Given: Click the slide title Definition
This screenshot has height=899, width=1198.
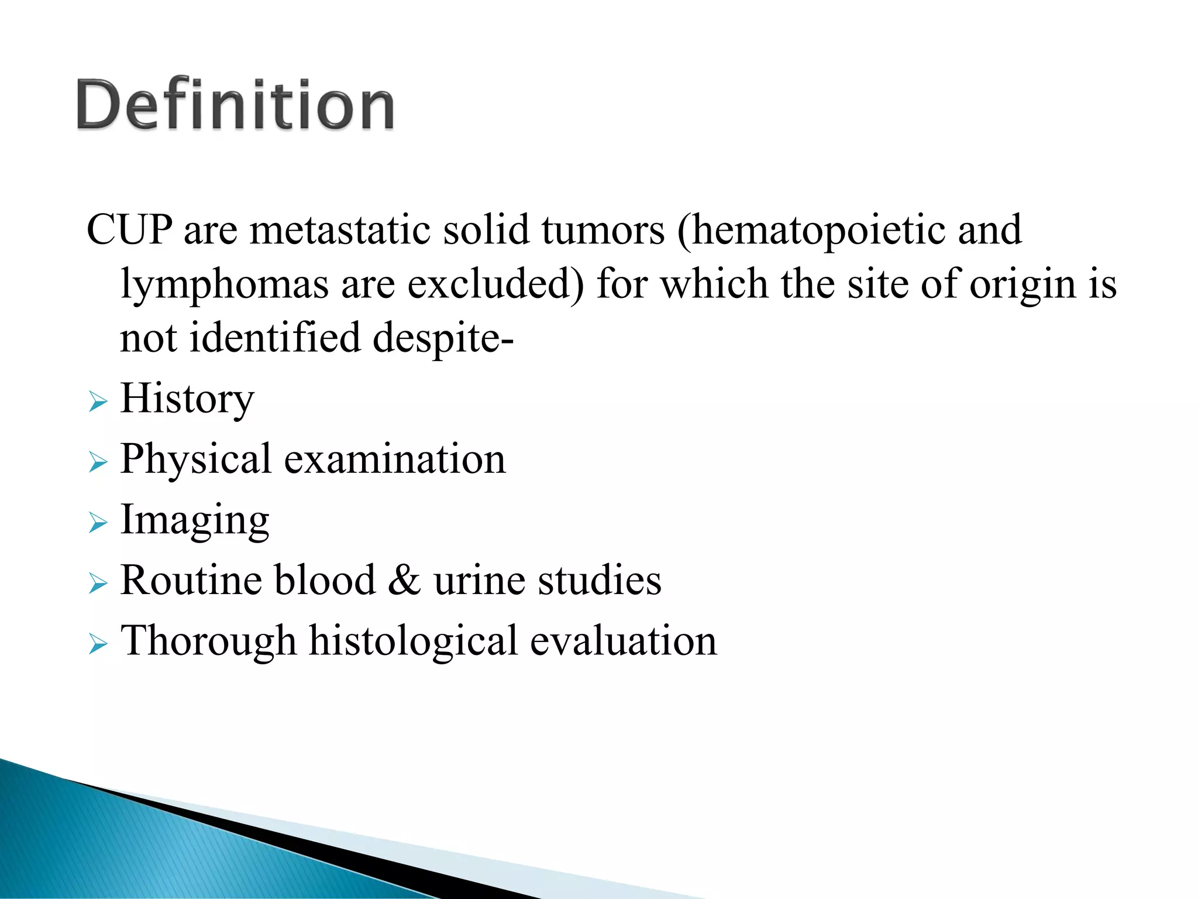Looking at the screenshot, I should (235, 105).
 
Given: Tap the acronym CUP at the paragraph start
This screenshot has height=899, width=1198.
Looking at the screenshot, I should (129, 229).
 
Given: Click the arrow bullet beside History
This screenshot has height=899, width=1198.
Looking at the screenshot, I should (98, 403).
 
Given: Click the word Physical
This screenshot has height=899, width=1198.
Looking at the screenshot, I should (195, 459).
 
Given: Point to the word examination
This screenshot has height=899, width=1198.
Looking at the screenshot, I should (395, 459).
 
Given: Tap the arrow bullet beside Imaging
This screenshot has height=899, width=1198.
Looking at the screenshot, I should (98, 523).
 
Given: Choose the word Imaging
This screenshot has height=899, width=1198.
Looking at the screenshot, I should (194, 520).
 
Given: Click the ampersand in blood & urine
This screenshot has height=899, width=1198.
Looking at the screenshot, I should (404, 581).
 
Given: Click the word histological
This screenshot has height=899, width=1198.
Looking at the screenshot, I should (413, 641).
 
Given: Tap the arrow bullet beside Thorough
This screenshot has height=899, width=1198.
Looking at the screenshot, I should (98, 644).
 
